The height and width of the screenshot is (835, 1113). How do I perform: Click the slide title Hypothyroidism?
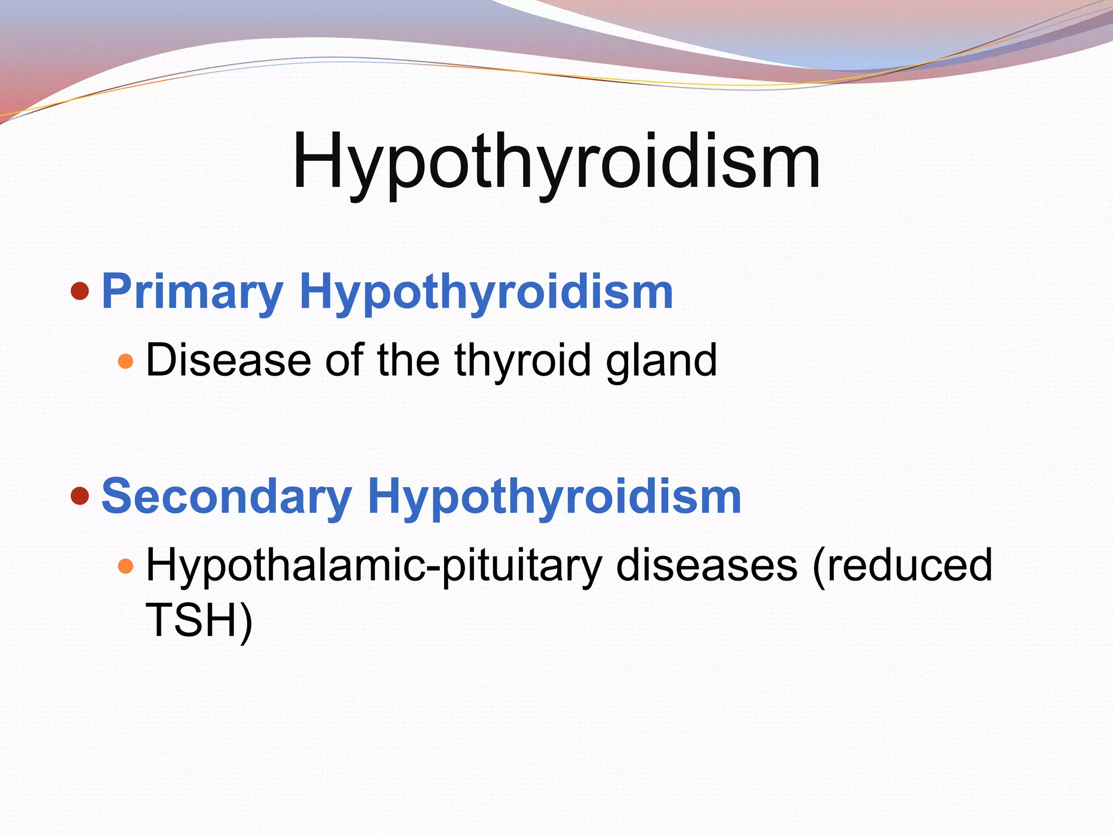(x=556, y=161)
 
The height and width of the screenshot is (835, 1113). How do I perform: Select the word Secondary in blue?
(x=227, y=496)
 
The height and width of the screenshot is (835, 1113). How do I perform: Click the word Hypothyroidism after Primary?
(x=486, y=292)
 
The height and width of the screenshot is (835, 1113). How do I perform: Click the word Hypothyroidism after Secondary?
(x=554, y=496)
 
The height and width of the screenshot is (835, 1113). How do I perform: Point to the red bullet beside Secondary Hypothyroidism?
(x=80, y=495)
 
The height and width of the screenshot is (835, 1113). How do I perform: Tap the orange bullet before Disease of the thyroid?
(x=126, y=361)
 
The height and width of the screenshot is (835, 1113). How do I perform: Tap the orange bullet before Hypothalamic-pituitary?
(x=126, y=566)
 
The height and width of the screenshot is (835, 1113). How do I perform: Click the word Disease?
(x=228, y=360)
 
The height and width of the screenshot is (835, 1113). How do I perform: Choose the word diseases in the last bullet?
(x=706, y=565)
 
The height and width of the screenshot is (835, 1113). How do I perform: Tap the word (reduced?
(x=902, y=565)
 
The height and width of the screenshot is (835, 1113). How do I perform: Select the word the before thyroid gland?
(x=408, y=360)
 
